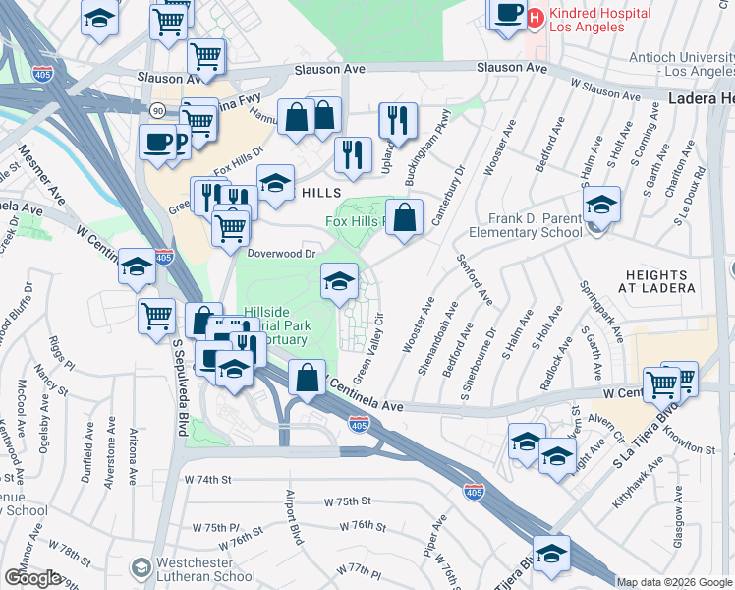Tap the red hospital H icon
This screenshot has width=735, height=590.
pos(536,17)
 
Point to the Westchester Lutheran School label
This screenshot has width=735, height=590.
pos(205,571)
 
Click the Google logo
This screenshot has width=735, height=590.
pos(32,578)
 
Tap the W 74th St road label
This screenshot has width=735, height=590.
pos(206,479)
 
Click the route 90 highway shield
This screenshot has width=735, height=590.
pos(157,109)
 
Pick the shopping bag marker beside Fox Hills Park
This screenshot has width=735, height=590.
pos(404,218)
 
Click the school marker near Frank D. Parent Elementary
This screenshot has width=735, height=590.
pos(601,206)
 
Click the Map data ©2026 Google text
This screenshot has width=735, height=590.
pos(674,582)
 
